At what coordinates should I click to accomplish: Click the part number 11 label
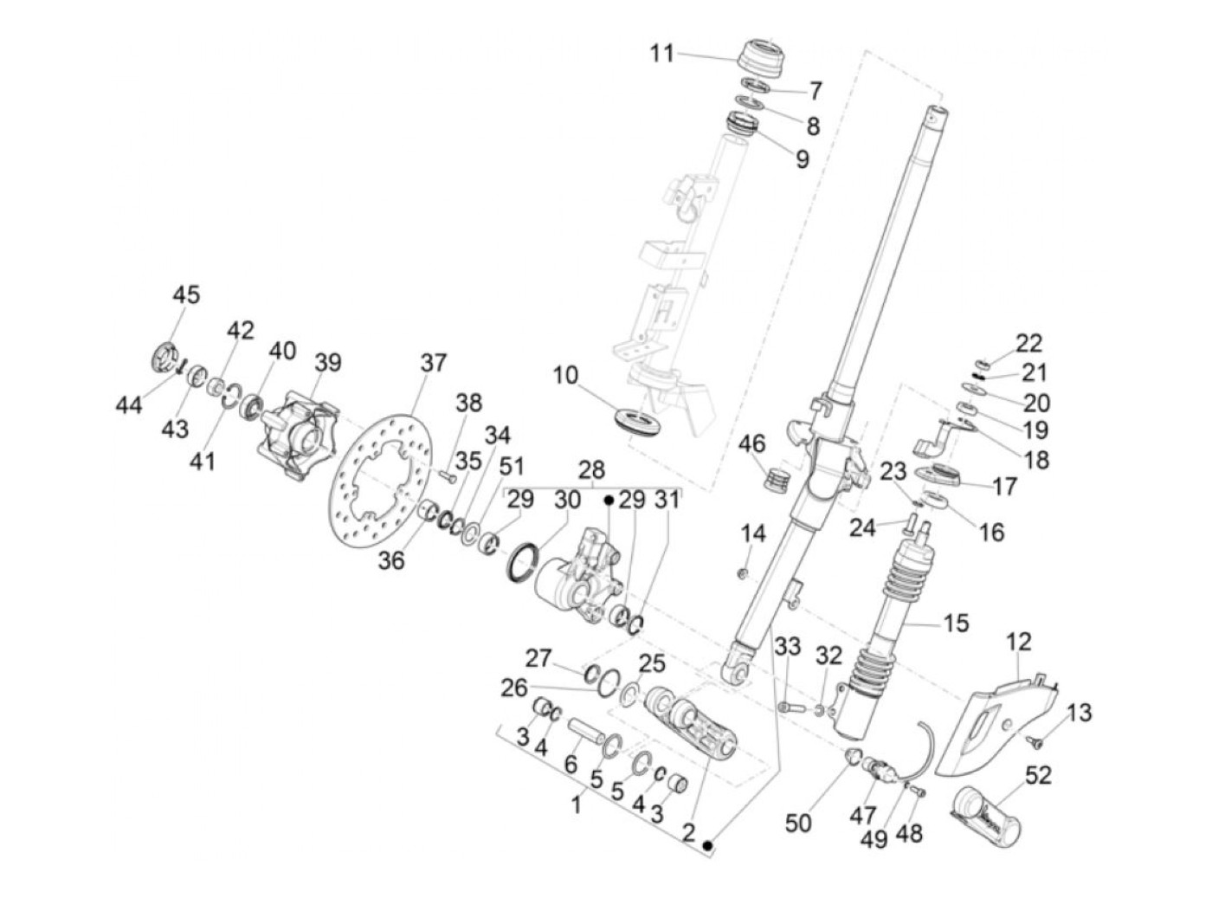tap(662, 54)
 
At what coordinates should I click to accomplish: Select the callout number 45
tap(185, 294)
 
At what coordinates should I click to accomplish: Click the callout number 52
tap(1037, 775)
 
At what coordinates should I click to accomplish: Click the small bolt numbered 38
tap(447, 475)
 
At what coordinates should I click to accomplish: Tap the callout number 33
tap(787, 646)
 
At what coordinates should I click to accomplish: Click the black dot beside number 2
tap(709, 844)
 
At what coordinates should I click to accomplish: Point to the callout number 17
tap(1005, 487)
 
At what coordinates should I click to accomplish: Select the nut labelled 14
tap(744, 572)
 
